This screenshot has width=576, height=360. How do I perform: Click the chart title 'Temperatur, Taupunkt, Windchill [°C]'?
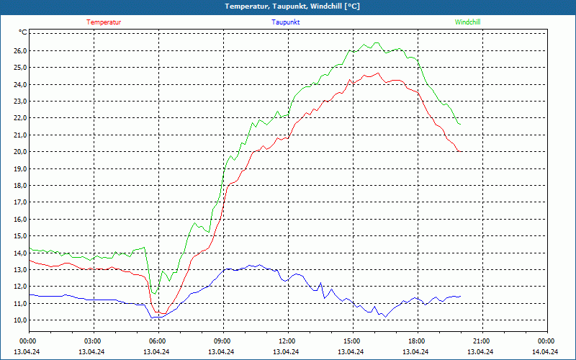(x=292, y=6)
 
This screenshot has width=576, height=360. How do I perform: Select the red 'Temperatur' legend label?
(x=104, y=22)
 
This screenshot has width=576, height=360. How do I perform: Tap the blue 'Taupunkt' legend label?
(x=286, y=22)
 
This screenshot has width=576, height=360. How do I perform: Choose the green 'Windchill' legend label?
(x=468, y=22)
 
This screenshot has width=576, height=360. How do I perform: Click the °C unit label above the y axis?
(x=23, y=33)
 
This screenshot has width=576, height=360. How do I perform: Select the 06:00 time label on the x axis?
(x=158, y=341)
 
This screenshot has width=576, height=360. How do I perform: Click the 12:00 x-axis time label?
(x=287, y=341)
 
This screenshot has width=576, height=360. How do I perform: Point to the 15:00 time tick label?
(x=352, y=341)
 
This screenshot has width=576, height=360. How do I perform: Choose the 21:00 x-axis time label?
(x=482, y=341)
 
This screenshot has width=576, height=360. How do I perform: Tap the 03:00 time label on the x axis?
(x=93, y=341)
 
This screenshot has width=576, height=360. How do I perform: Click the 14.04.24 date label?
(x=545, y=352)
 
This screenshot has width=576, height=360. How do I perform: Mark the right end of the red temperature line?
(x=460, y=151)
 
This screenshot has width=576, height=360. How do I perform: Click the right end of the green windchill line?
(x=460, y=125)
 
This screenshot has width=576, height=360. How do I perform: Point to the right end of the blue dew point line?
(x=460, y=297)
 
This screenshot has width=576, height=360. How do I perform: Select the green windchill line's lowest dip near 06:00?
(x=154, y=293)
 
